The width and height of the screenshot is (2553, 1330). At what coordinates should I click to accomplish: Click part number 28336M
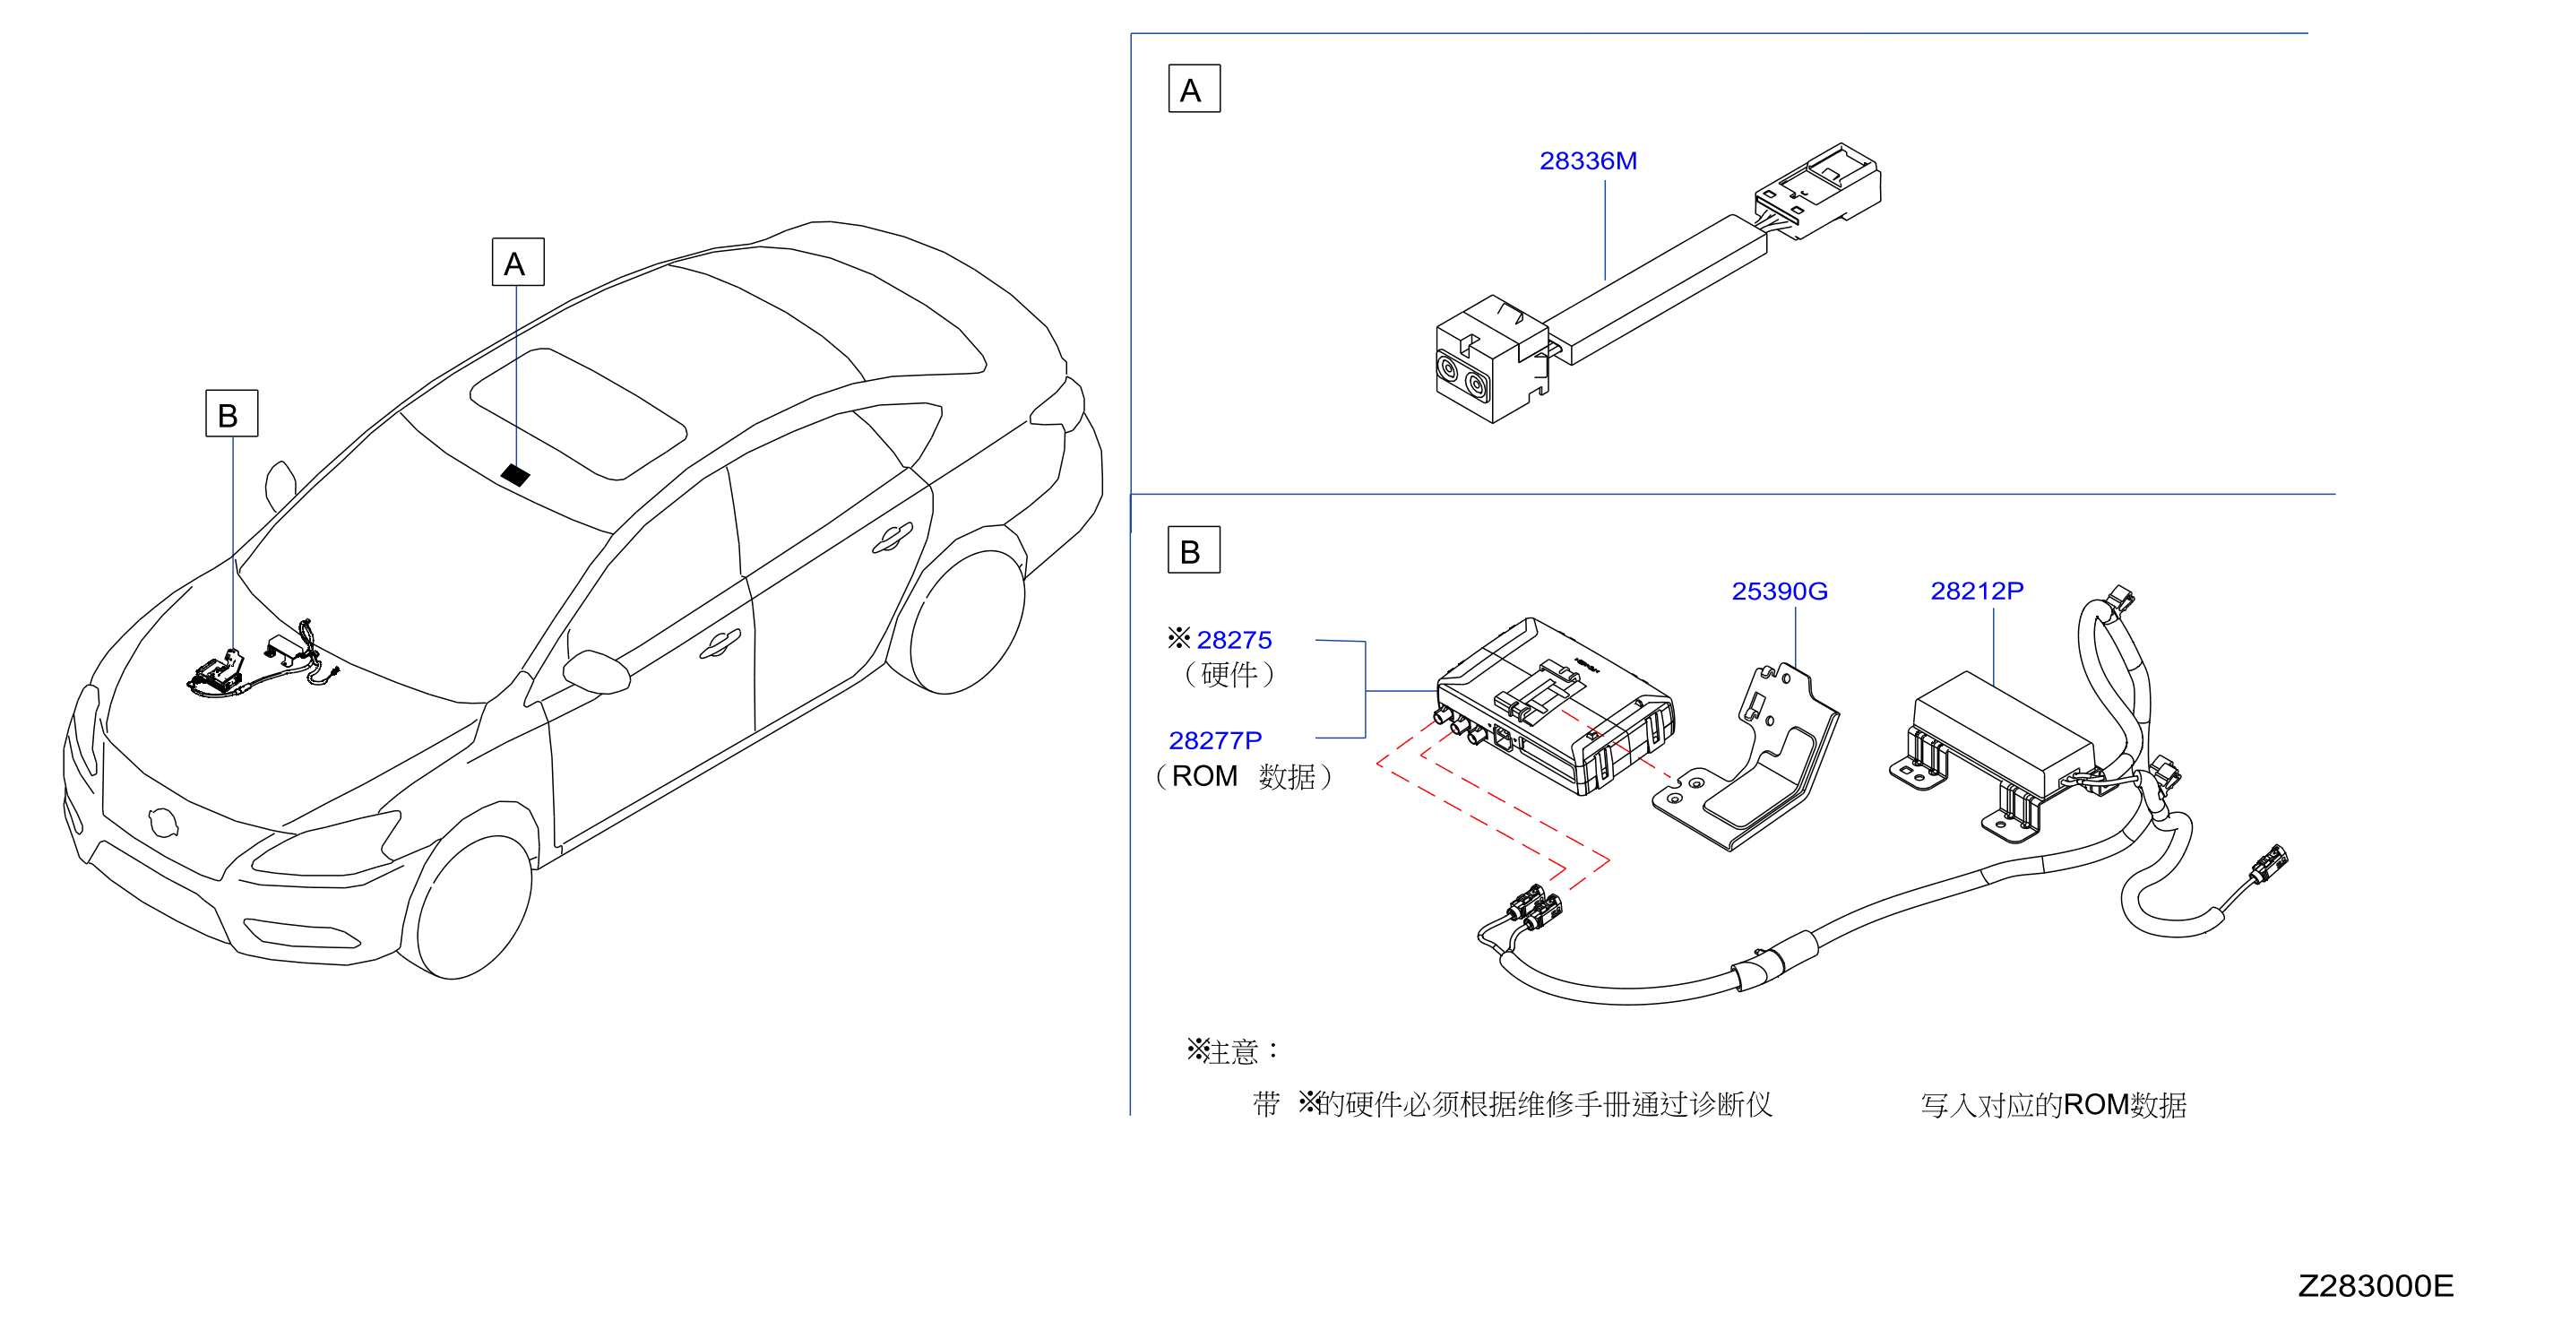click(1587, 160)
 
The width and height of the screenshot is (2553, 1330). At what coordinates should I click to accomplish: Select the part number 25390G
click(1778, 592)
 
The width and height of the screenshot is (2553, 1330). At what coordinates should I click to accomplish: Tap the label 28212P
click(1976, 591)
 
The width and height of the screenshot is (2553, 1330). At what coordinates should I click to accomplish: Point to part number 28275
click(1233, 640)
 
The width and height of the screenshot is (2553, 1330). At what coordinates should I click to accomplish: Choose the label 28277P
click(1214, 740)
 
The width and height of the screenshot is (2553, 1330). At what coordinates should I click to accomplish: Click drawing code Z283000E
click(2375, 1285)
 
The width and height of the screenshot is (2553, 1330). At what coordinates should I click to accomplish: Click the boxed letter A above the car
click(517, 263)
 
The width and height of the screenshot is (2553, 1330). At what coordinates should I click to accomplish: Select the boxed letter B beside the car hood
click(231, 414)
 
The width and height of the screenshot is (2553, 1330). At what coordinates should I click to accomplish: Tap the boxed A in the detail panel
click(1194, 91)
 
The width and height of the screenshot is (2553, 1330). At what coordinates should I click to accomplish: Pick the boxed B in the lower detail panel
click(1194, 551)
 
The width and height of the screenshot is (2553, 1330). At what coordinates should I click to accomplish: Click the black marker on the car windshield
click(515, 475)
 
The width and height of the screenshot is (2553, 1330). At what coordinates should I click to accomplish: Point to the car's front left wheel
click(474, 907)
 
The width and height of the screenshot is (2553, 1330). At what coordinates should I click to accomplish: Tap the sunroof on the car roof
click(578, 413)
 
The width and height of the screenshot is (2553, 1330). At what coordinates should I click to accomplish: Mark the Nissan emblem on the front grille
click(161, 822)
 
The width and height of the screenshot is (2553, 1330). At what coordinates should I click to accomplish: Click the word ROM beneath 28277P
click(1204, 776)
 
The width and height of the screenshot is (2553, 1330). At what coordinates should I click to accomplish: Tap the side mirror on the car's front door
click(598, 671)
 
